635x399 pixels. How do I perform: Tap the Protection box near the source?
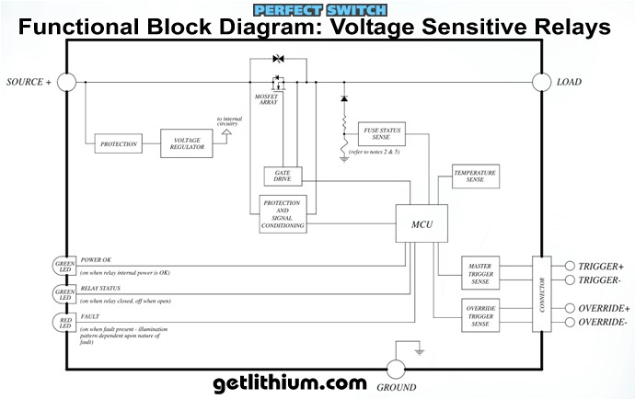click(x=118, y=144)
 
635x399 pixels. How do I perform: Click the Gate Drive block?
click(x=283, y=176)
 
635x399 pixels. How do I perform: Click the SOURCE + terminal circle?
click(x=66, y=82)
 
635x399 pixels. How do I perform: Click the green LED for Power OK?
click(x=66, y=266)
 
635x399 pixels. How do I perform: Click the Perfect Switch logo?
click(x=317, y=9)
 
